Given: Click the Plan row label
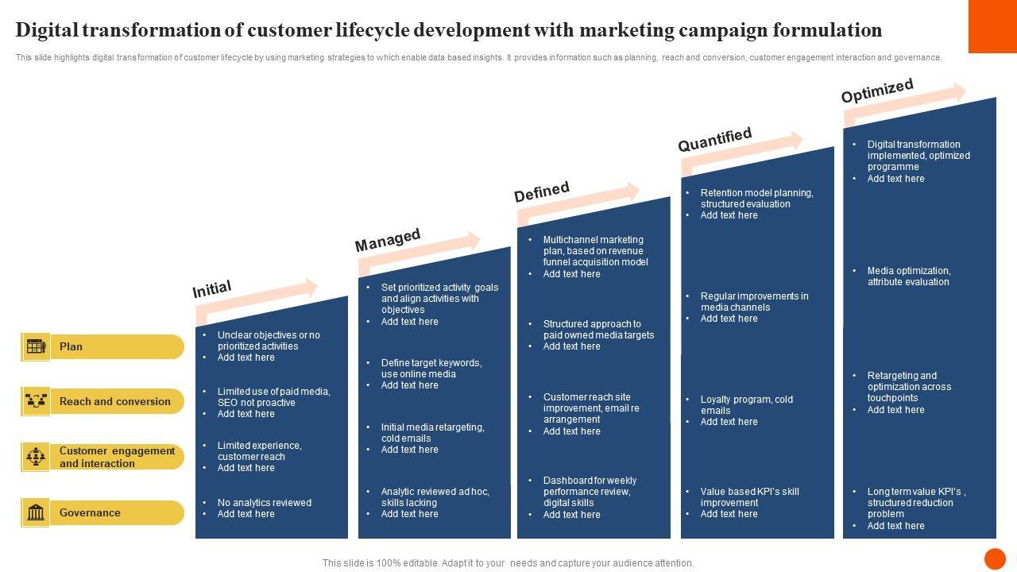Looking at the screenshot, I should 71,346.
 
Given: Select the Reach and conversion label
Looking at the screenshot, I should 114,402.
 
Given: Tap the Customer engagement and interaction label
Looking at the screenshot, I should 117,457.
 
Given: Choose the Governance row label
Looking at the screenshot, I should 90,513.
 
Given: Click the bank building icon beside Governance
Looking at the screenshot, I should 36,512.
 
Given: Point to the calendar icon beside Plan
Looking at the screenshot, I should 36,346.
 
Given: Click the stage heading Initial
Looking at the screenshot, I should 212,289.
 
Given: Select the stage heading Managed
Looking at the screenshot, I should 388,240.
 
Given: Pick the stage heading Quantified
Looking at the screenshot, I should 714,140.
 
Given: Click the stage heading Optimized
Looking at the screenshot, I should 877,91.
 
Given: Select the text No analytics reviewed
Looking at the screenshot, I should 265,503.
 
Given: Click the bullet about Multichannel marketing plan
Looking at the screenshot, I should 595,251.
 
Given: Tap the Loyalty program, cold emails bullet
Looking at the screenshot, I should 746,405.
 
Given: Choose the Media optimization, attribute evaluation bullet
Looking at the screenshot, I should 908,276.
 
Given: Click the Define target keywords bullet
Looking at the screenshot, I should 431,369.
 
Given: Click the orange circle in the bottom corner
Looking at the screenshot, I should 995,558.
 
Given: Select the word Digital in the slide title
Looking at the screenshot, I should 51,30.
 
